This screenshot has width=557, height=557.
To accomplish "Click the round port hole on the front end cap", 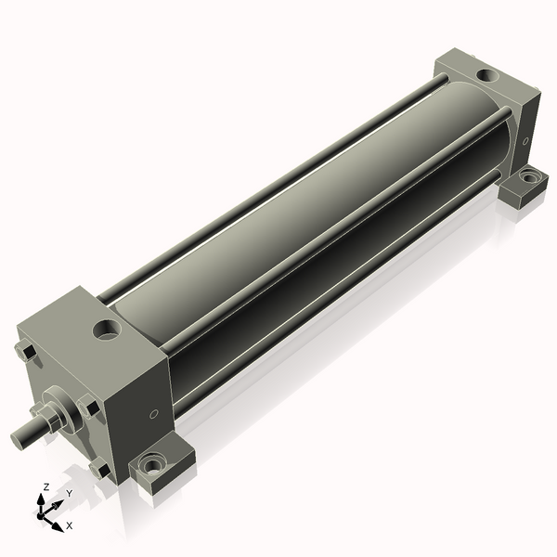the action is click(x=107, y=330).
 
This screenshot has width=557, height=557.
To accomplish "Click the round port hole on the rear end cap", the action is click(x=487, y=75).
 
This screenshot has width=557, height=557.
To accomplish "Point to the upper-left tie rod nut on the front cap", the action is click(x=26, y=351).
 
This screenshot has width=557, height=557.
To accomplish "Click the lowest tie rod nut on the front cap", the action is click(x=100, y=469).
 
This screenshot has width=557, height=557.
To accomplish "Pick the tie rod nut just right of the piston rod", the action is click(x=89, y=408).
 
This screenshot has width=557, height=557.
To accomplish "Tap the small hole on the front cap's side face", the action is click(x=154, y=413).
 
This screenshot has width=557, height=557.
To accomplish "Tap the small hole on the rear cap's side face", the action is click(x=525, y=141).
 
